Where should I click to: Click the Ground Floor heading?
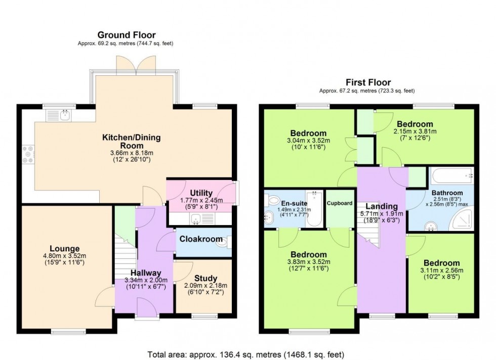click(126, 35)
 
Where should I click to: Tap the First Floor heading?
click(368, 82)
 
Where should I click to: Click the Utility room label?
click(201, 193)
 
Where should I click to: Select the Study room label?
click(205, 278)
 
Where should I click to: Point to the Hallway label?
click(147, 273)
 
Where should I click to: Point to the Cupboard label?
click(340, 203)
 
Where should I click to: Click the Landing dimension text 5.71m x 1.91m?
click(383, 214)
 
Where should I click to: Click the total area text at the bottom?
click(248, 354)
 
